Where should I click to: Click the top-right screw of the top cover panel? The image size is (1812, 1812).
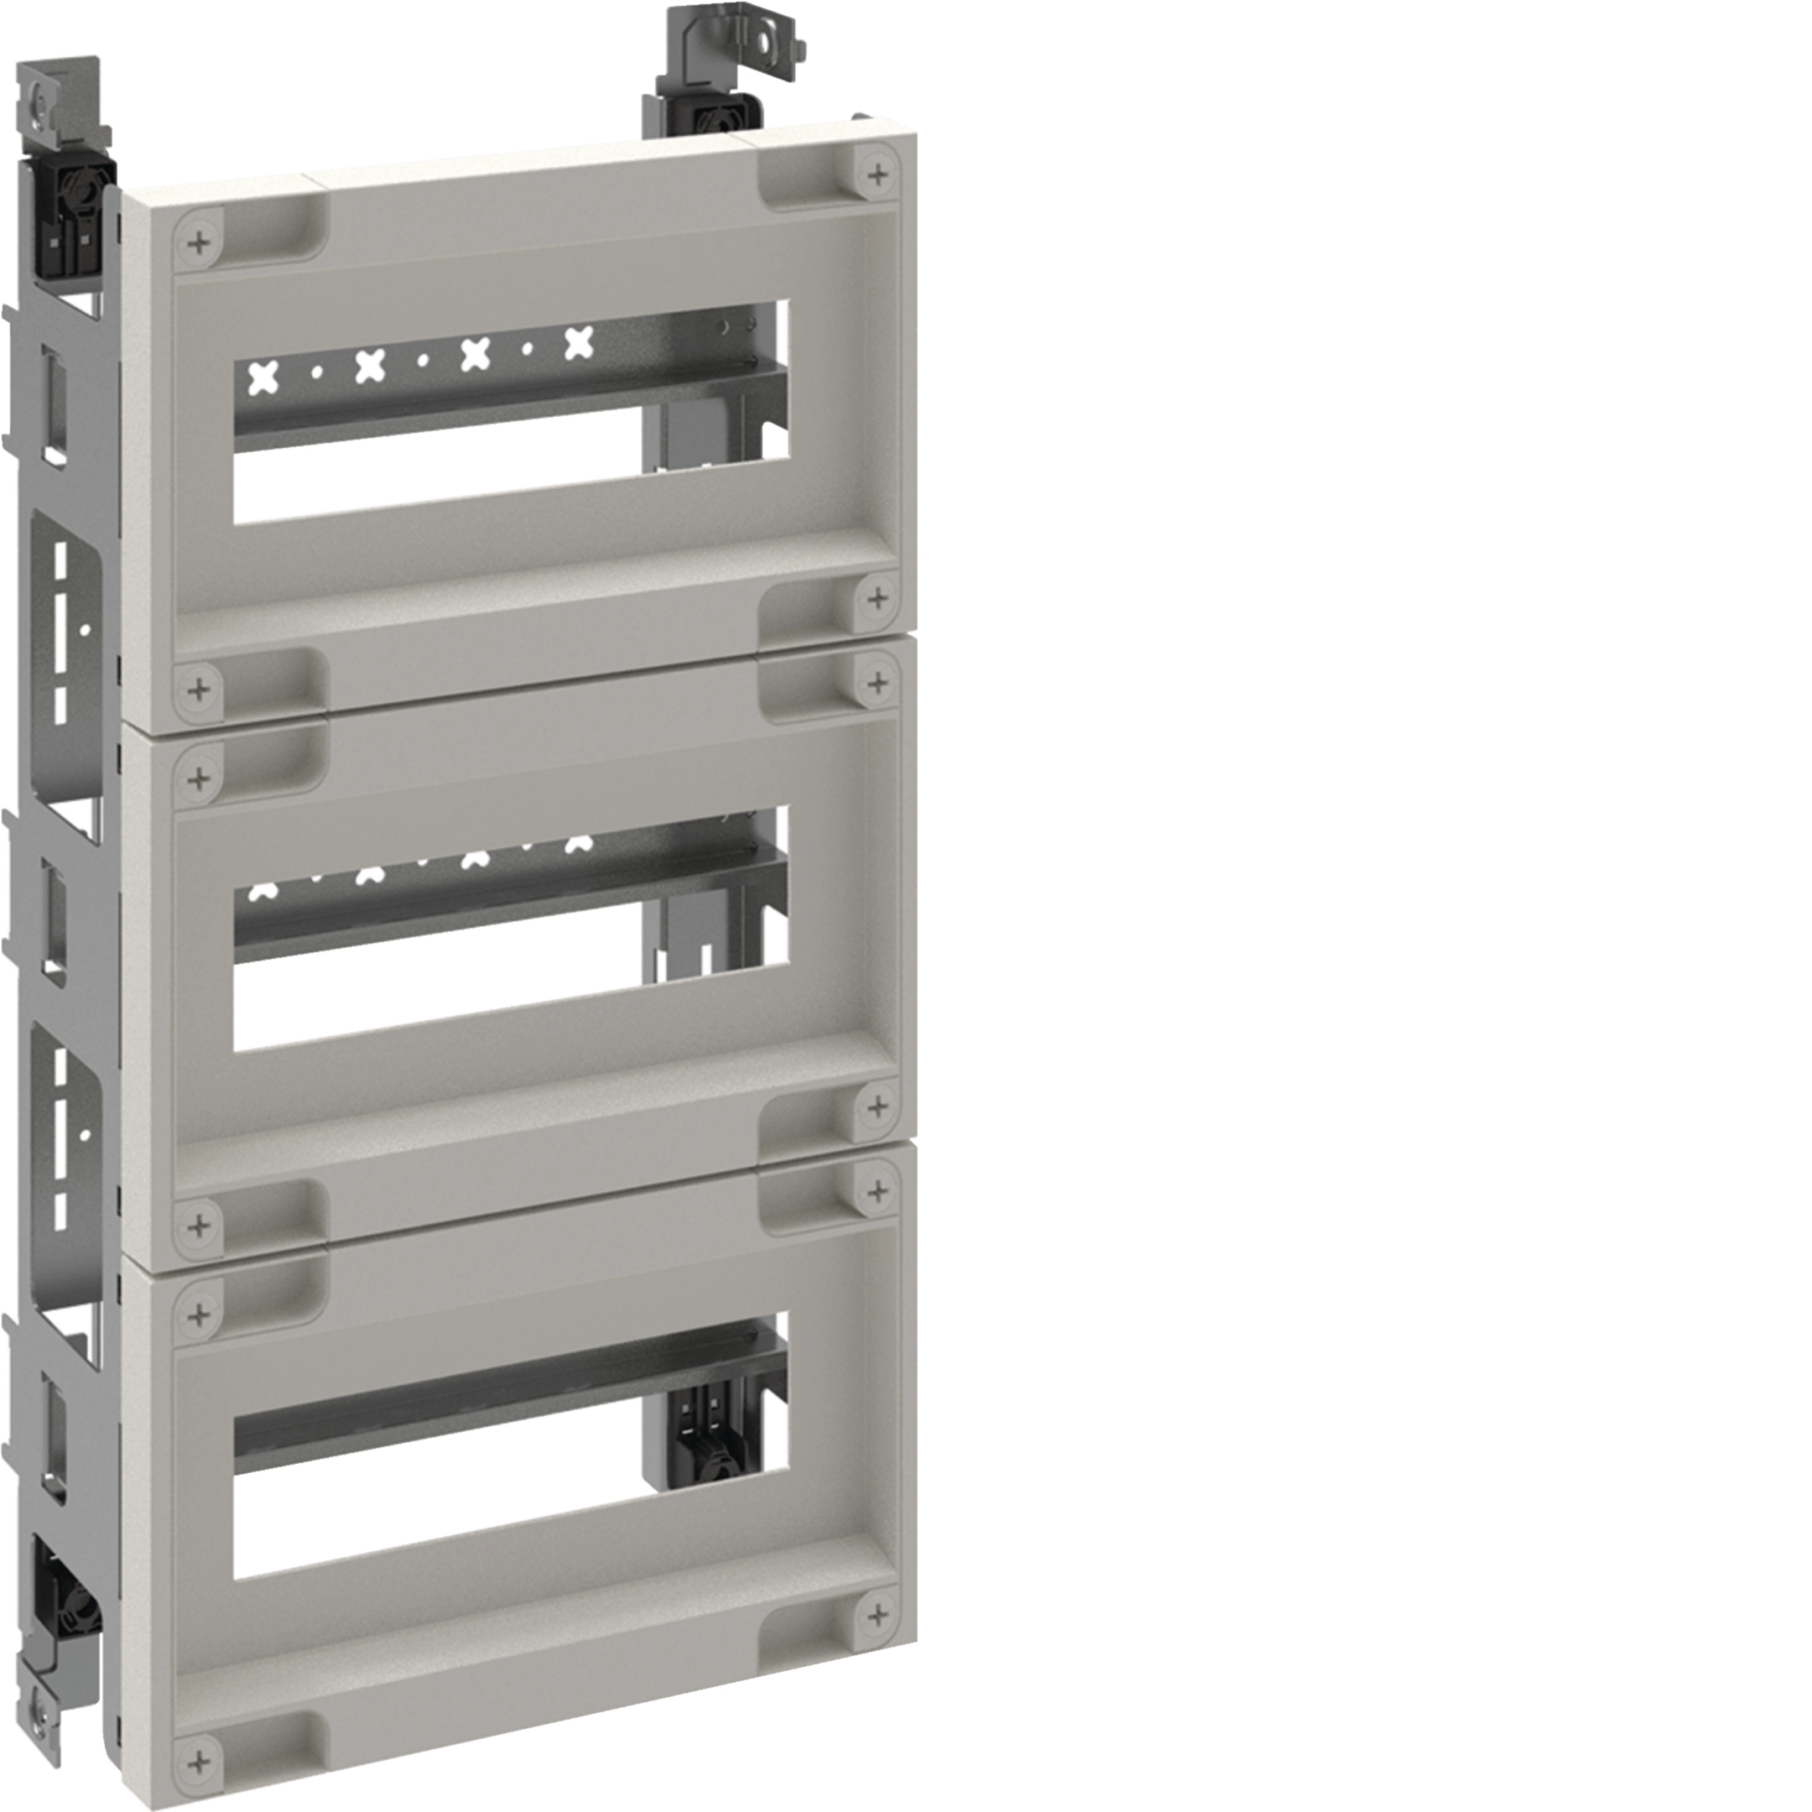(877, 174)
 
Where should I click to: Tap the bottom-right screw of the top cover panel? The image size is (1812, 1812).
(877, 597)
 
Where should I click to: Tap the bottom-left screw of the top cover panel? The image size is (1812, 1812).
(198, 690)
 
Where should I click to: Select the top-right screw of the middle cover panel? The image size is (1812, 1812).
(877, 682)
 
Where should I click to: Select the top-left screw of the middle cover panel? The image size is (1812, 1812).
(198, 778)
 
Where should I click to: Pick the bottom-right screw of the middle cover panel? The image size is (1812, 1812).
(877, 1106)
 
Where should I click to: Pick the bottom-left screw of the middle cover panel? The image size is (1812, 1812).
(198, 1225)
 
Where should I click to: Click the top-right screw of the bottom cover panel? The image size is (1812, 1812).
(877, 1191)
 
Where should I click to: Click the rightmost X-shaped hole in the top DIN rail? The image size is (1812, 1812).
(579, 343)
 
